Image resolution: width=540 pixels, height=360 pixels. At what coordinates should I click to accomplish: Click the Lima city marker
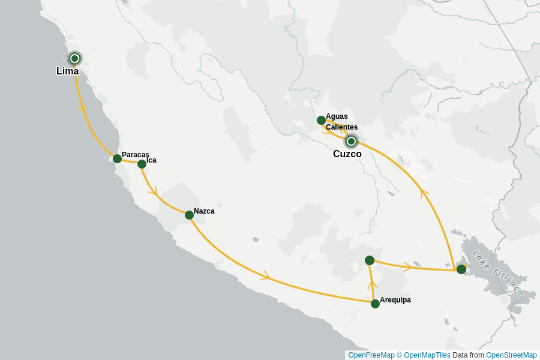[x=74, y=58]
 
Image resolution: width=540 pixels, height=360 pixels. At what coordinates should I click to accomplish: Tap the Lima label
[x=67, y=71]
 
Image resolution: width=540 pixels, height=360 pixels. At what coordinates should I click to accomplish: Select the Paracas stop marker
[x=117, y=158]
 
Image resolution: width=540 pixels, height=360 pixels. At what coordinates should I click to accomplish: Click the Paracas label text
[x=135, y=155]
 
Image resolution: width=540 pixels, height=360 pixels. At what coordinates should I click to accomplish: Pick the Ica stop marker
[x=142, y=164]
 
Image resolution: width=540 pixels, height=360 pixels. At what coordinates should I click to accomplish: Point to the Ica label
[x=151, y=160]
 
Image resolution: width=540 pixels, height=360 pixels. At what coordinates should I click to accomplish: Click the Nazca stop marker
[x=189, y=215]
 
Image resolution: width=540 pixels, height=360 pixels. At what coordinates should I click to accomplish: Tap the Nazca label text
[x=204, y=211]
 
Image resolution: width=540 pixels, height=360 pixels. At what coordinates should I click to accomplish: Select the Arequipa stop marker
[x=375, y=304]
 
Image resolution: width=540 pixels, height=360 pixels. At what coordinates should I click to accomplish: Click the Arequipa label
[x=395, y=300]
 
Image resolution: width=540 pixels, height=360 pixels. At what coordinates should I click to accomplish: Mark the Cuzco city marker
[x=351, y=142]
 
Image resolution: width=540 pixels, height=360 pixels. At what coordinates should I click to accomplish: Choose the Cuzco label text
[x=347, y=154]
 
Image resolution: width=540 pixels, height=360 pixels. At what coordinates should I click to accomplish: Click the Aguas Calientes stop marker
[x=321, y=120]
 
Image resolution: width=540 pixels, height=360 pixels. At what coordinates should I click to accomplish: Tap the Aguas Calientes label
[x=341, y=122]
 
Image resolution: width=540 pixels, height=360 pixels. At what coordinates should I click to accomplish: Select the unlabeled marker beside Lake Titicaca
[x=461, y=269]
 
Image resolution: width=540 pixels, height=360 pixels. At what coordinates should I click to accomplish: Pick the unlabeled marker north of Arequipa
[x=370, y=260]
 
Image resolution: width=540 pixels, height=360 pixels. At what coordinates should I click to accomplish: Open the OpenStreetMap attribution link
[x=511, y=355]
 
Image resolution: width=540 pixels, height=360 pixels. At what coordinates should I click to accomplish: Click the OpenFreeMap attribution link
[x=371, y=355]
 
